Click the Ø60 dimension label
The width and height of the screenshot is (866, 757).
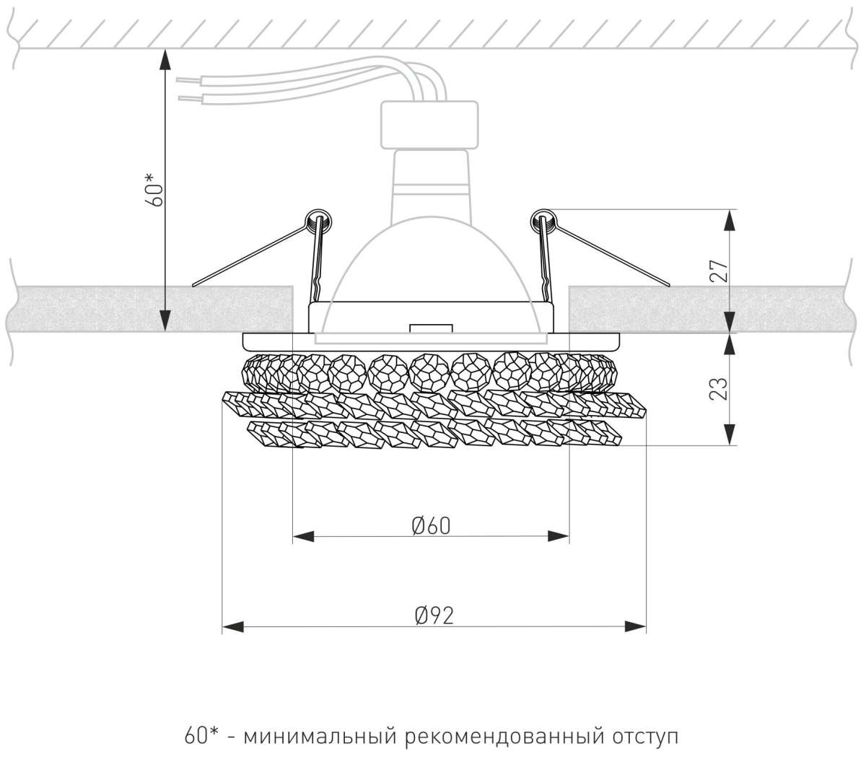point(432,526)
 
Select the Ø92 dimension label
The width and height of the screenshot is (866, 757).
point(434,616)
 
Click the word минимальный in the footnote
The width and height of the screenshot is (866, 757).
point(320,738)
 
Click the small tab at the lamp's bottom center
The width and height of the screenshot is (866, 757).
point(430,328)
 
